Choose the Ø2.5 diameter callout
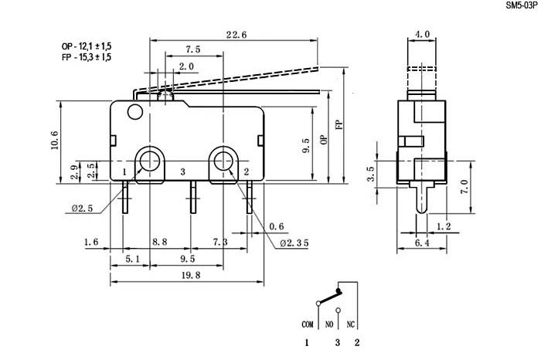coord(81,209)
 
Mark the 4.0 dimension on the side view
coord(423,35)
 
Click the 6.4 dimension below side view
coord(420,243)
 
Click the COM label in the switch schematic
coord(307,324)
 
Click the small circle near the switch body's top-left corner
coord(136,114)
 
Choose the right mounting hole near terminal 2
coord(224,161)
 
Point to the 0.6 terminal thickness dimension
coord(275,226)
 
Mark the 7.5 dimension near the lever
coord(193,49)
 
